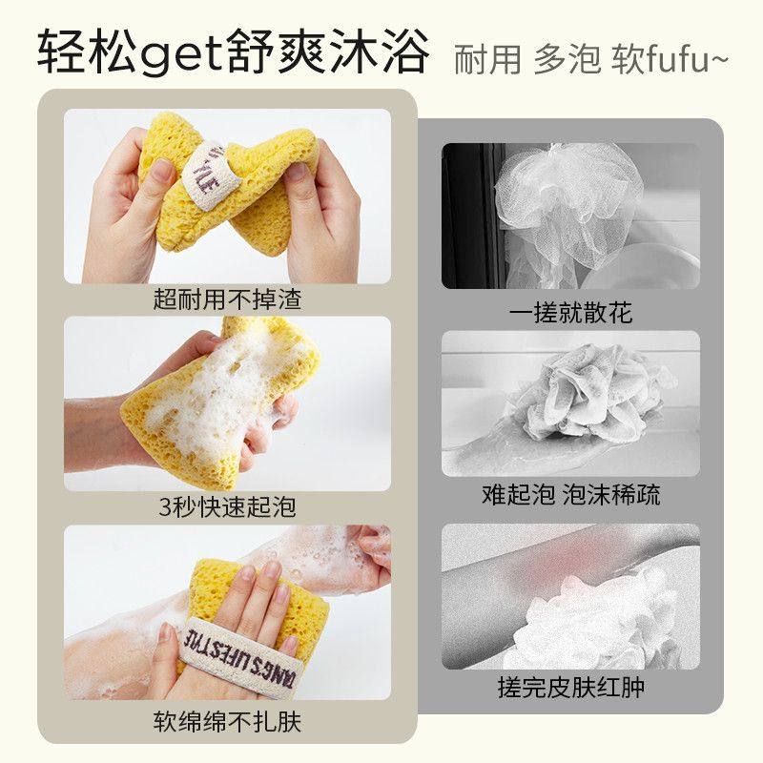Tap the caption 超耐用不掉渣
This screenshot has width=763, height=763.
[x=227, y=299]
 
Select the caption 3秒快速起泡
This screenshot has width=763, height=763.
[x=227, y=506]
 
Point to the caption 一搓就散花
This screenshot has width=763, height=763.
[x=570, y=312]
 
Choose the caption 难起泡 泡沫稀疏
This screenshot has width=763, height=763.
[x=570, y=495]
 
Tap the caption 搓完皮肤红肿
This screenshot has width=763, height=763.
[x=570, y=688]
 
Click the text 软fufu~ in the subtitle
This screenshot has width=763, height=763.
[x=668, y=59]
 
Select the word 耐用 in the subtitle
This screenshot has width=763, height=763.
[x=486, y=59]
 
